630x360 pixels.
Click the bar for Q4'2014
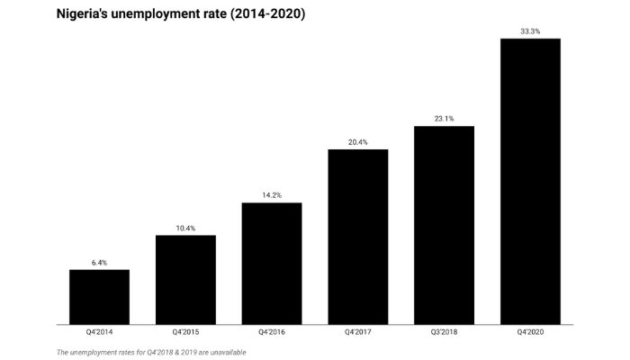[99, 297]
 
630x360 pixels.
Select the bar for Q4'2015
[185, 280]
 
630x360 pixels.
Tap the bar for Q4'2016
[272, 263]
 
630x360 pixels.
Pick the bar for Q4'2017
[358, 236]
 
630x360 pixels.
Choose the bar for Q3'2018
[444, 225]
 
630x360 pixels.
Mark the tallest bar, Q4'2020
[530, 181]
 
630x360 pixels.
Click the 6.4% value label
[99, 262]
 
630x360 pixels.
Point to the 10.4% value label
[185, 228]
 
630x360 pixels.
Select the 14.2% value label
[272, 195]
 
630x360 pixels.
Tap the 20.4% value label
[358, 141]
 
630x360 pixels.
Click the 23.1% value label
[444, 118]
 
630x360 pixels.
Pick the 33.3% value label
[530, 31]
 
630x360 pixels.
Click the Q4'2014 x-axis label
[99, 333]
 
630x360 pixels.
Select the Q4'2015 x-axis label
[185, 333]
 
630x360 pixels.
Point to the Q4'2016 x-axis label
[272, 333]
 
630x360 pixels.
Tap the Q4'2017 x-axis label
[358, 333]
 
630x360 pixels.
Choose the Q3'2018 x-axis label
[444, 333]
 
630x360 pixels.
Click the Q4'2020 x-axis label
[530, 333]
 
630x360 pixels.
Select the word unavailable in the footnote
[226, 352]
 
